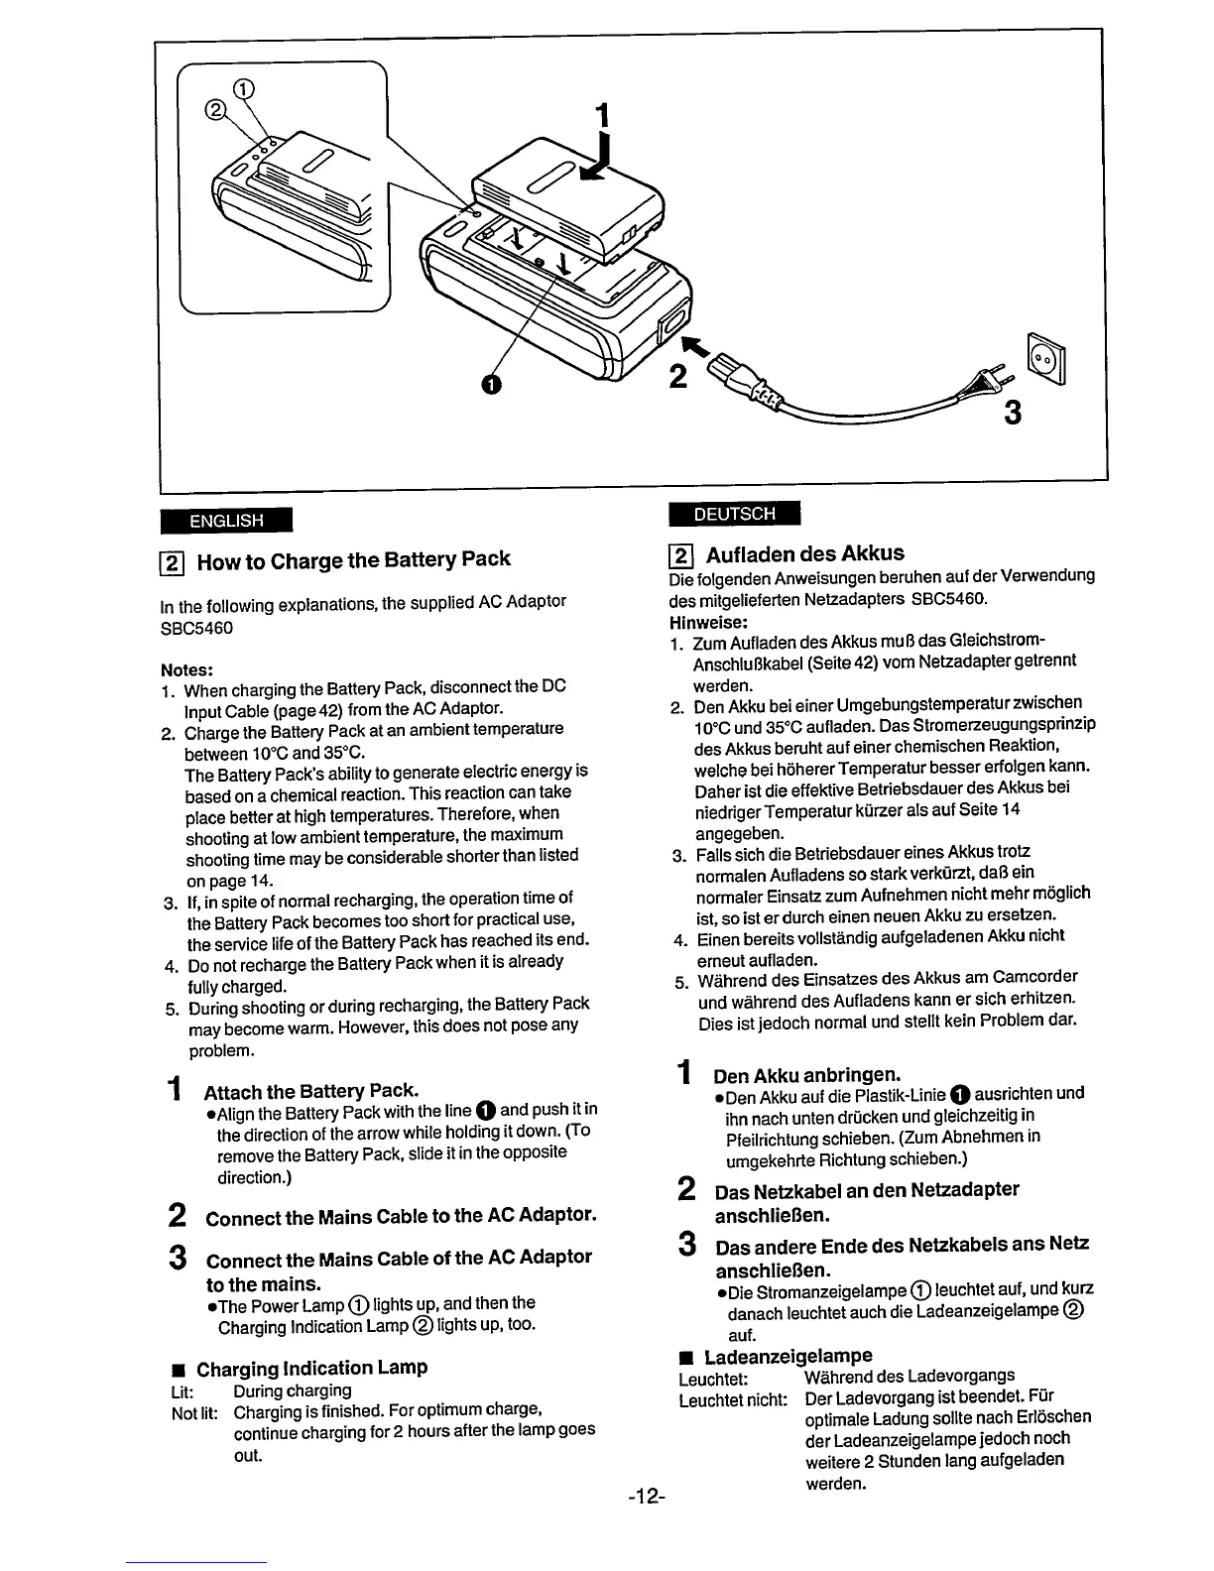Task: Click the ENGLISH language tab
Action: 226,521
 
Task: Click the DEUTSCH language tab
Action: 734,514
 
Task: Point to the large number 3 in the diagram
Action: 1012,413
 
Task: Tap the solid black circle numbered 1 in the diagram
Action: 492,384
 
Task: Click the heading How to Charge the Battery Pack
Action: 353,560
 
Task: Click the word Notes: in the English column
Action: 187,669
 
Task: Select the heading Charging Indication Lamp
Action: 311,1369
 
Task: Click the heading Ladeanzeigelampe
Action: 789,1356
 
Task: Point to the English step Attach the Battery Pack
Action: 304,1093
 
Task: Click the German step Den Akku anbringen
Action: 806,1075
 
